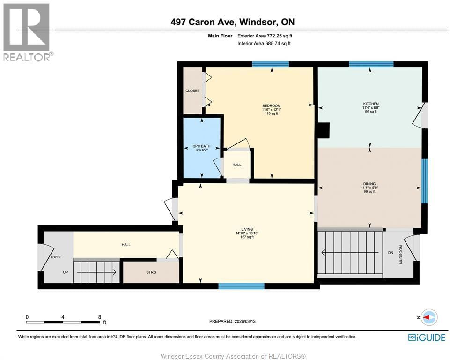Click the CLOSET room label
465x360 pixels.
point(192,91)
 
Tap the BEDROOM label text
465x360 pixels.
point(271,105)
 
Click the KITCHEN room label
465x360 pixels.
point(371,104)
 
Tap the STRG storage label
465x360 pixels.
point(151,272)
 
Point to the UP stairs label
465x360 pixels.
point(66,272)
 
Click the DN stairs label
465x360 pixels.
point(391,253)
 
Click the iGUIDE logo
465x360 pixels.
point(426,337)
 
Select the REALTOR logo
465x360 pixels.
point(27,32)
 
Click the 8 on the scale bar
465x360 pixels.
point(99,317)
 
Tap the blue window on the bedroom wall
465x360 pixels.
point(270,65)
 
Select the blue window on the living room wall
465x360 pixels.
point(241,286)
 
